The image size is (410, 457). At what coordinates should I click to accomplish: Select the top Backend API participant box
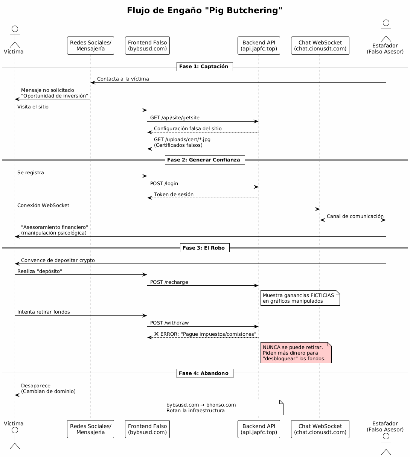point(259,46)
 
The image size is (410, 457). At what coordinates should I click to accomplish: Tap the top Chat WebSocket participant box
point(320,46)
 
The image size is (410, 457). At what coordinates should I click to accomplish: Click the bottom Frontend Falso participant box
point(147,429)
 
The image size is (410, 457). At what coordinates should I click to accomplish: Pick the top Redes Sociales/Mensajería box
point(90,46)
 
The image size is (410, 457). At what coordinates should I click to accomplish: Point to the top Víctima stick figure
point(15,37)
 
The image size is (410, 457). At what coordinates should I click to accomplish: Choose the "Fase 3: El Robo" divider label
point(205,248)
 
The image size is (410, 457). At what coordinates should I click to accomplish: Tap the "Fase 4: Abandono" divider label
point(205,373)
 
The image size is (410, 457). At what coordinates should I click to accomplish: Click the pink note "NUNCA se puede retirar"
point(296,353)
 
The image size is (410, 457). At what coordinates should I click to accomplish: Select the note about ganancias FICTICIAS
point(300,298)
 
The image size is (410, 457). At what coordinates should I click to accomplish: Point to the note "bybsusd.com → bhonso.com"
point(203,407)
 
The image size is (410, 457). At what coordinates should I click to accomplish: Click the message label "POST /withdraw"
point(169,323)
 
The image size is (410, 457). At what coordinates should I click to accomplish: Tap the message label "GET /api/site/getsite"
point(175,118)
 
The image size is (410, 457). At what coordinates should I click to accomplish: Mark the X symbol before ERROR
point(156,334)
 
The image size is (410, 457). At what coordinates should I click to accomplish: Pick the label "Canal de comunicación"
point(355,216)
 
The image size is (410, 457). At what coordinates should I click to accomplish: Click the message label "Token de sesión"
point(174,195)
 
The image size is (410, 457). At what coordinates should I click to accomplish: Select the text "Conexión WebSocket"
point(43,205)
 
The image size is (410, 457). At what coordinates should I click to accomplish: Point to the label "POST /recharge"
point(169,282)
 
